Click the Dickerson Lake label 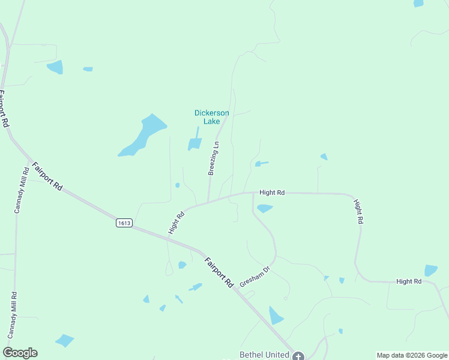pos(211,117)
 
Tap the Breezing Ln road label pos(214,158)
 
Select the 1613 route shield pos(124,223)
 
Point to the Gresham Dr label pos(255,275)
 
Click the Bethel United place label pos(264,355)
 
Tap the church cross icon pos(298,355)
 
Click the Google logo pos(20,353)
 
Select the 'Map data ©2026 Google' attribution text pos(412,355)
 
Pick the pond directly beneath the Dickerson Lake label pos(194,143)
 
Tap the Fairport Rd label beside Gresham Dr pos(218,272)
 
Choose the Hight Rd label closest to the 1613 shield pos(175,222)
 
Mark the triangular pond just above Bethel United pos(276,316)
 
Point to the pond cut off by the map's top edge pos(418,3)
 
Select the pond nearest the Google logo pos(64,340)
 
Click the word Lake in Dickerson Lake pos(211,121)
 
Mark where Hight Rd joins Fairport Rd pos(168,236)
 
